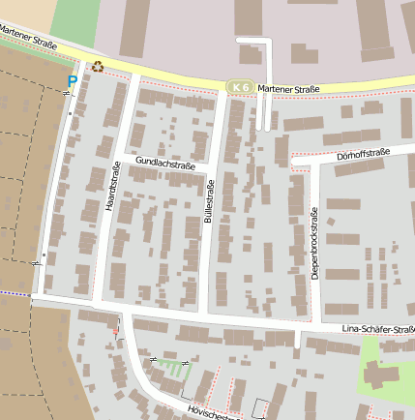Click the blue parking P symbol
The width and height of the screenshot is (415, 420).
(73, 81)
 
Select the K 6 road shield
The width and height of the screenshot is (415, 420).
(239, 88)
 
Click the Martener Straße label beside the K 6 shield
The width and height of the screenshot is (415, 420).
(288, 90)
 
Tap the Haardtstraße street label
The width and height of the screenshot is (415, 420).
(111, 186)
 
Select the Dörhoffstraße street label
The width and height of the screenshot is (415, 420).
(363, 153)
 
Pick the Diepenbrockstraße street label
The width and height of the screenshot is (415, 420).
(315, 245)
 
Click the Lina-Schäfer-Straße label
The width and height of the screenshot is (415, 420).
(378, 330)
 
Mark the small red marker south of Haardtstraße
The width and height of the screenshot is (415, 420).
(115, 333)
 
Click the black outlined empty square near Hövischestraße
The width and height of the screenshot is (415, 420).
(258, 407)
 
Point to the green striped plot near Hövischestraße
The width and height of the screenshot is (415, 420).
(173, 368)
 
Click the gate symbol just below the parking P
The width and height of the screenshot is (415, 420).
(67, 93)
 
